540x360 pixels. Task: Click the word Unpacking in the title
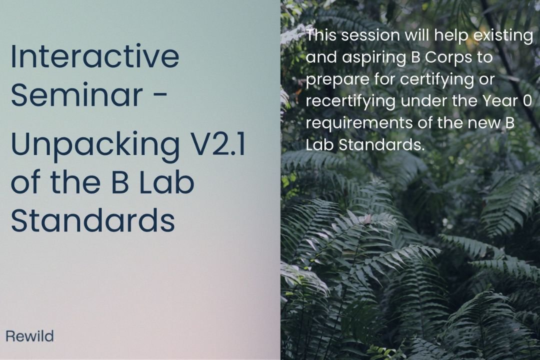click(x=94, y=145)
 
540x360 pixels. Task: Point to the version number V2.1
click(x=216, y=144)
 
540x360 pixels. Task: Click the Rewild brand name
click(x=29, y=336)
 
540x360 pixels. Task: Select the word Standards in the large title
click(x=92, y=220)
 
